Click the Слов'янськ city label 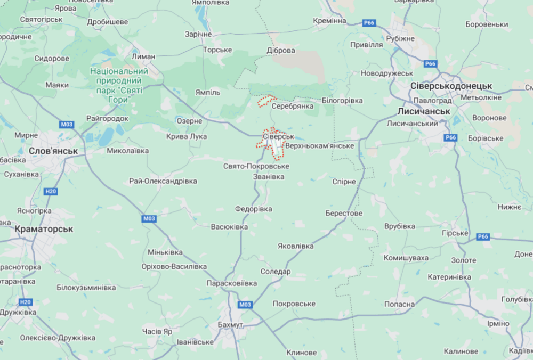[x=53, y=151]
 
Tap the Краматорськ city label [x=44, y=229]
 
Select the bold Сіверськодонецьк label [x=451, y=86]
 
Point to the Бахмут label [x=230, y=324]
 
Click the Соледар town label [x=275, y=272]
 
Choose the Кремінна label [x=329, y=21]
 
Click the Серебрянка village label [x=293, y=107]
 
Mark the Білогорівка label [x=342, y=100]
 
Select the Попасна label [x=398, y=304]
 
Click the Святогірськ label [x=42, y=19]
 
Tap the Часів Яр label [x=157, y=331]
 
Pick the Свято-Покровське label [x=256, y=167]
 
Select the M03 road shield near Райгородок [x=67, y=125]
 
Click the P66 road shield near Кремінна [x=368, y=23]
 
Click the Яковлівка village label [x=296, y=246]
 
